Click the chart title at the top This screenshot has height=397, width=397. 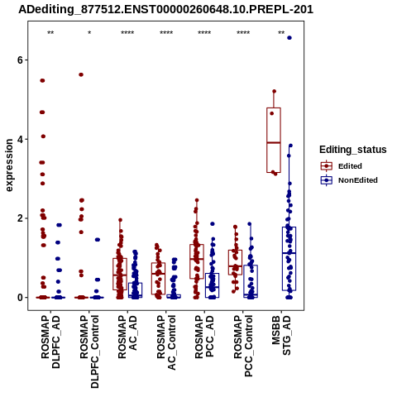click(165, 9)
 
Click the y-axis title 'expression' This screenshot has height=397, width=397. click(9, 165)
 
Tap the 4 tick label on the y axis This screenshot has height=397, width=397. click(20, 139)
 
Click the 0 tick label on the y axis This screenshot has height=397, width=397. click(20, 298)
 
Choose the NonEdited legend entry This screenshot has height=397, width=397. click(349, 180)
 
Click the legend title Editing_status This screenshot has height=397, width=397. click(353, 150)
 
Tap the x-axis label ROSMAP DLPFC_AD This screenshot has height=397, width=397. click(50, 342)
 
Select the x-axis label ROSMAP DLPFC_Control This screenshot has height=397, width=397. click(89, 352)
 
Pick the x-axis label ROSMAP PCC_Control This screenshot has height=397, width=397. click(243, 346)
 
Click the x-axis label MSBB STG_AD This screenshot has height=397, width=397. click(281, 336)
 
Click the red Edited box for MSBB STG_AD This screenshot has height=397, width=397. click(274, 140)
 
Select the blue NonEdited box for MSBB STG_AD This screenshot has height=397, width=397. click(289, 259)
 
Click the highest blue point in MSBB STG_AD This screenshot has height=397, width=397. click(289, 38)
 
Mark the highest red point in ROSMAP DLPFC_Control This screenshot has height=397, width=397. click(81, 74)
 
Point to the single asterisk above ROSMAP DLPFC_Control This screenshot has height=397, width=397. click(89, 33)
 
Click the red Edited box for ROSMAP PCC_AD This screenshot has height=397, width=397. click(197, 261)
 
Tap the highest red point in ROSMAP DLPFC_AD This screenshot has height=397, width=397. click(42, 80)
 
